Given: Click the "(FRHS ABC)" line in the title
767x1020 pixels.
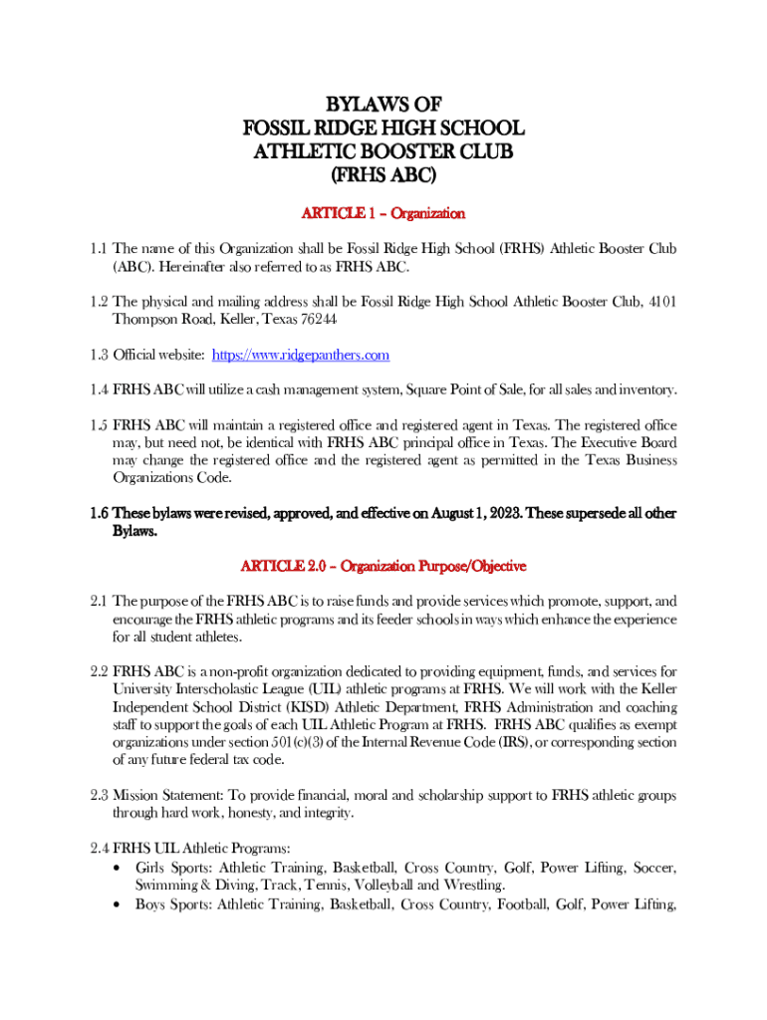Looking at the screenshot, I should tap(383, 175).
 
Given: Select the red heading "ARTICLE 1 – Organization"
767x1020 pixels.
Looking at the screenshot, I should tap(383, 213).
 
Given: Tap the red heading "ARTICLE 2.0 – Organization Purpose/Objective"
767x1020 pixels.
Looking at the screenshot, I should tap(383, 566).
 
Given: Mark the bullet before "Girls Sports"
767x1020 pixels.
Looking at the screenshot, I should tap(120, 869).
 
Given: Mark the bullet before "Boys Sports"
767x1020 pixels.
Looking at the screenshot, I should tap(120, 904).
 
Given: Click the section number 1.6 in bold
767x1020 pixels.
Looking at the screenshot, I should tap(99, 514).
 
